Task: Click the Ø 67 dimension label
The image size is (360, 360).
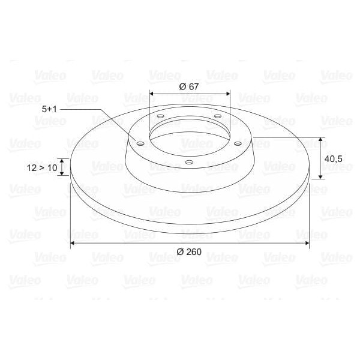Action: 189,86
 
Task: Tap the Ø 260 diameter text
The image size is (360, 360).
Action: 190,251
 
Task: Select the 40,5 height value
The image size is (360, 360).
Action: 333,158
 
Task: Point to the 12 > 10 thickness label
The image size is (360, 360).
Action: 42,169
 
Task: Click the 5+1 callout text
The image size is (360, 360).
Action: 50,109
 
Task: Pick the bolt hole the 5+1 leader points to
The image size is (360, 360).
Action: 140,144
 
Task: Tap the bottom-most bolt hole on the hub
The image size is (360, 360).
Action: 189,162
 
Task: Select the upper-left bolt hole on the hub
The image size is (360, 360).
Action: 160,116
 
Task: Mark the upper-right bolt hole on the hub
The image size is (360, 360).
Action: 217,116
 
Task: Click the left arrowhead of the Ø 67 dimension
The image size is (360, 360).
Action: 152,94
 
